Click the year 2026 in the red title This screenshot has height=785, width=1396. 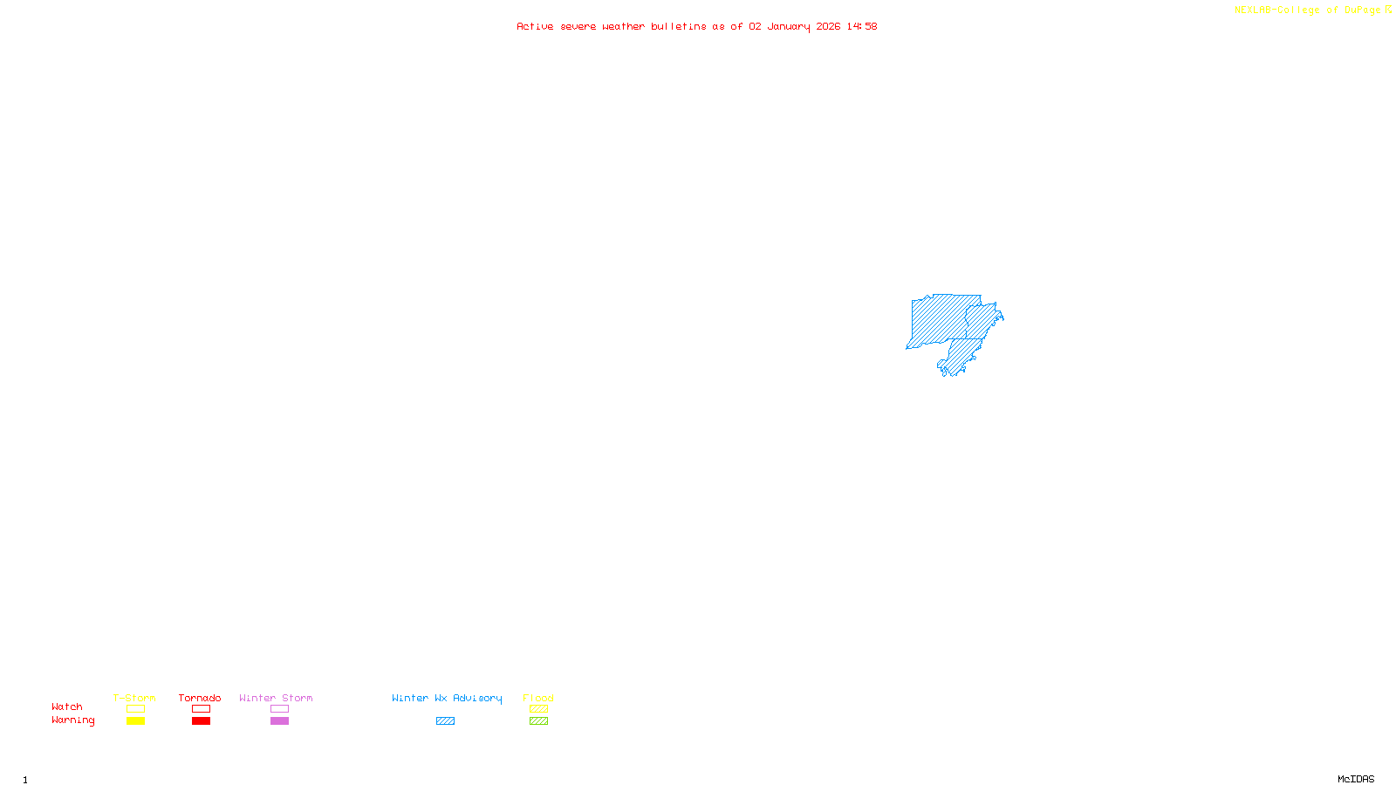point(828,26)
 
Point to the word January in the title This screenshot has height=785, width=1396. point(788,26)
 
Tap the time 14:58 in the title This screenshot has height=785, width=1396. point(862,26)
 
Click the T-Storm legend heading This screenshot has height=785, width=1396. point(134,698)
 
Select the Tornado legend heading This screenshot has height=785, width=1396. point(200,698)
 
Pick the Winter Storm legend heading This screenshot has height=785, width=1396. point(276,698)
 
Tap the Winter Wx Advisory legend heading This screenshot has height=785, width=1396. point(447,698)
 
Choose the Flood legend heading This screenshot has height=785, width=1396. point(538,698)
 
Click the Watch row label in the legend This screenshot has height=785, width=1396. point(67,706)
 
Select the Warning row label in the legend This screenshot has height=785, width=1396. point(73,720)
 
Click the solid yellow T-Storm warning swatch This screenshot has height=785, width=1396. point(135,721)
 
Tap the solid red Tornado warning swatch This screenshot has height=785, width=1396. point(201,721)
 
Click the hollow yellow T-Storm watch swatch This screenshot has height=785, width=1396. point(135,709)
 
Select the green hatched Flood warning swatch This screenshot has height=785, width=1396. point(538,721)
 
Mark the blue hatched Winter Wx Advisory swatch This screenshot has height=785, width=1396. point(445,721)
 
